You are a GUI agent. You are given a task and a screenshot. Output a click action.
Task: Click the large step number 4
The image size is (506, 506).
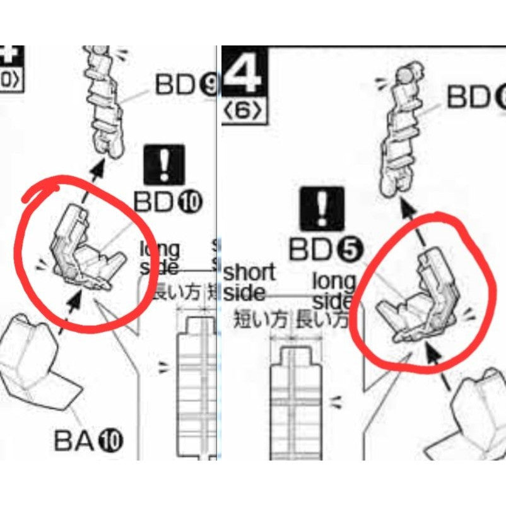click(245, 74)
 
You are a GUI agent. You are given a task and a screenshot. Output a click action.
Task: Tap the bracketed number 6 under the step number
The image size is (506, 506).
click(244, 112)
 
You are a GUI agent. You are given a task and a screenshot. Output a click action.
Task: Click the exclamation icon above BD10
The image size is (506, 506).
click(165, 165)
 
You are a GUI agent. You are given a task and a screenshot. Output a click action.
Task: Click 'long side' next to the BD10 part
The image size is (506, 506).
click(160, 257)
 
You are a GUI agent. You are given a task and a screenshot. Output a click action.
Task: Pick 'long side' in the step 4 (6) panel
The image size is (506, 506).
click(334, 290)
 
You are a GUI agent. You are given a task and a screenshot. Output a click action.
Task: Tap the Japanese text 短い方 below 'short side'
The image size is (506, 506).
click(261, 319)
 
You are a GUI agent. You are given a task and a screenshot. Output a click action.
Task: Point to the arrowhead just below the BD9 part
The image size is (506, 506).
click(98, 168)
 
